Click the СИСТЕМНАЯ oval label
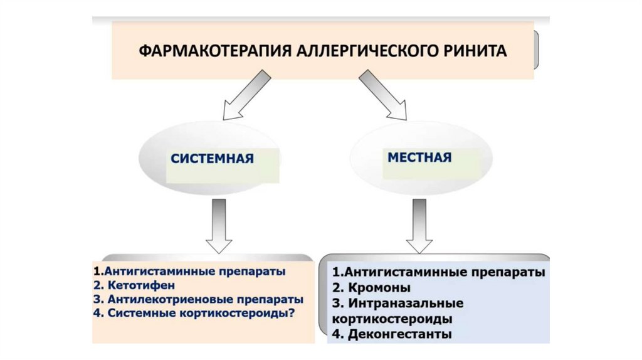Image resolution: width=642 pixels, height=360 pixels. click(212, 158)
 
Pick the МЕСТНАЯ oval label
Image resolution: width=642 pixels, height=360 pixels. click(419, 156)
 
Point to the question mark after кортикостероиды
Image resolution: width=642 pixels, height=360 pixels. click(293, 312)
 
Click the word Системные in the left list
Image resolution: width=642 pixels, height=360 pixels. click(134, 312)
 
